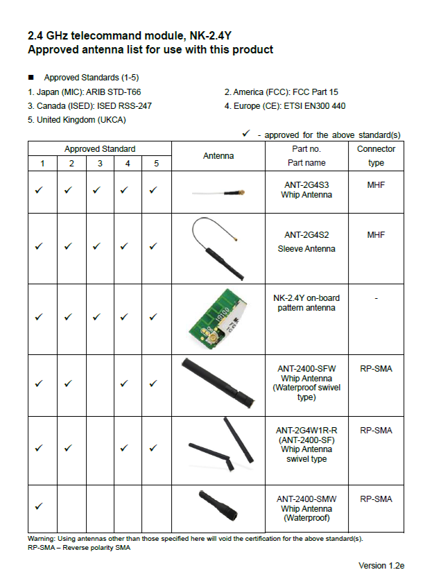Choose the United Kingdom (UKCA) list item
tap(76, 120)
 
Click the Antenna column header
tap(218, 156)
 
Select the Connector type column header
tap(376, 156)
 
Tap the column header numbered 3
tap(100, 164)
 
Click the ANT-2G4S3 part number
tap(306, 185)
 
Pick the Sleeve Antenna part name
tap(306, 248)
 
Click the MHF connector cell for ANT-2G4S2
tap(376, 236)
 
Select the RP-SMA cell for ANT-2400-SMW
tap(376, 499)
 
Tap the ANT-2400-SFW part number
tap(306, 369)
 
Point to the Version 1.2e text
tap(381, 566)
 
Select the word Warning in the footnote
tap(42, 539)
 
